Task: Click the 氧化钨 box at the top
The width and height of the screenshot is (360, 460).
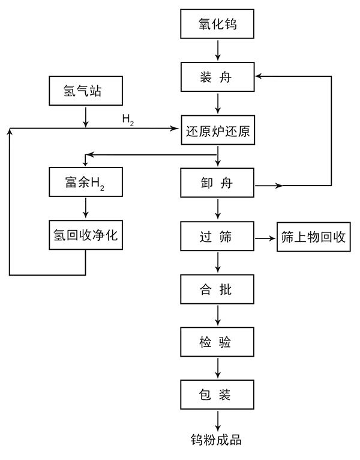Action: [218, 26]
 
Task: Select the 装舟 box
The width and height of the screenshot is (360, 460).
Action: [218, 77]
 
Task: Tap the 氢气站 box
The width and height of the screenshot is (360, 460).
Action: [86, 91]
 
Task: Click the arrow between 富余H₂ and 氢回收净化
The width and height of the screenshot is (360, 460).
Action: [86, 208]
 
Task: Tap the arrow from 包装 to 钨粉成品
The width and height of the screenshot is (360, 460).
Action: [218, 419]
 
